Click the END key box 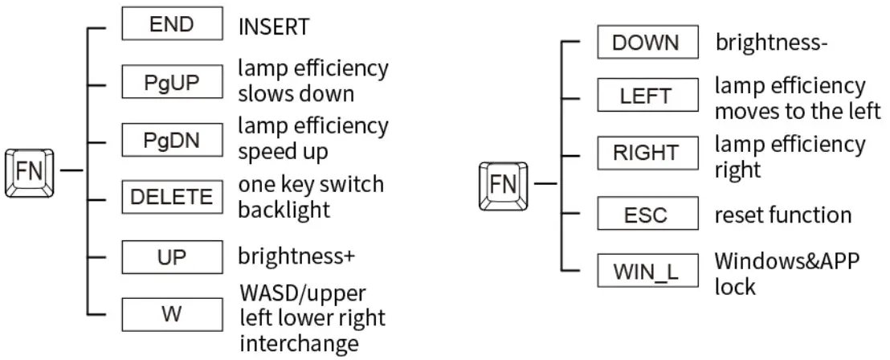(x=171, y=24)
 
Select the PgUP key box (x=171, y=83)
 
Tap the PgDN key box (x=171, y=140)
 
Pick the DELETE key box (x=171, y=197)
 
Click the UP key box (x=171, y=256)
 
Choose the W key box (x=171, y=313)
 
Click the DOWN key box (x=646, y=42)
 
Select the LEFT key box (x=646, y=97)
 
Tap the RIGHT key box (x=646, y=153)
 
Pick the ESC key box (x=646, y=215)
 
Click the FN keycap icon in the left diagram (x=31, y=171)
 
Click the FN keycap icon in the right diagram (x=503, y=186)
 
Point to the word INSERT (x=273, y=27)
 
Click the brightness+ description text (x=296, y=256)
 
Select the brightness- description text (x=771, y=43)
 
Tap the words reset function (x=783, y=215)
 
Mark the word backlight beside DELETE (x=284, y=210)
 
